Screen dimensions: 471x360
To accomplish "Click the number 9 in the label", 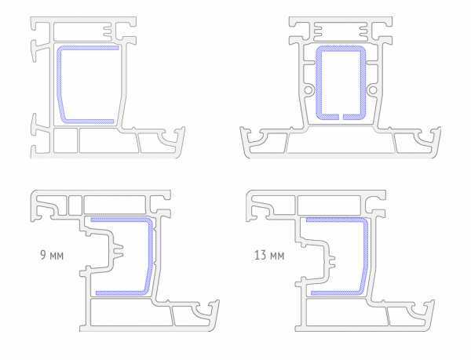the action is (x=43, y=256).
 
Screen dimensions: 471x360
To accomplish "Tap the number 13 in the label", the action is (x=260, y=256).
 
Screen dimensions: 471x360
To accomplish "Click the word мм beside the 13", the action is (x=277, y=256).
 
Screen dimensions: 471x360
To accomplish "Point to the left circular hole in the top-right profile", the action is (x=309, y=90).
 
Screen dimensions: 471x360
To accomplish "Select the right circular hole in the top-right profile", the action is (x=372, y=90).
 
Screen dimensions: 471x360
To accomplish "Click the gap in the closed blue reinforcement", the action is (x=341, y=116).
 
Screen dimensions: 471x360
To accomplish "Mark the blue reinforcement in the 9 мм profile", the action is (x=150, y=255).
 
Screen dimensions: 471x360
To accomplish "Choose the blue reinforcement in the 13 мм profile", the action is (x=366, y=255).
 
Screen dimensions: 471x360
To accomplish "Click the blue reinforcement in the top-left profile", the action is (x=59, y=84).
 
